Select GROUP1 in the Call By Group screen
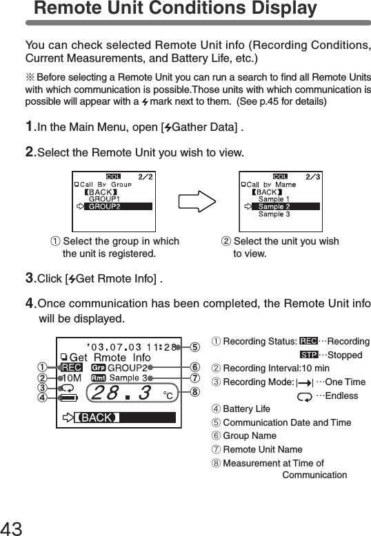(104, 198)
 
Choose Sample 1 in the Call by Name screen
(274, 199)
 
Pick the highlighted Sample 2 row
(274, 207)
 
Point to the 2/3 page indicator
(312, 176)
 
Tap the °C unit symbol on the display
(168, 395)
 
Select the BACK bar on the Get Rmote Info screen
(97, 418)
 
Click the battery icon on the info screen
(68, 398)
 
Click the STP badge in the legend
(308, 355)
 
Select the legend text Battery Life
(246, 409)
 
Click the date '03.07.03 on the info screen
(106, 347)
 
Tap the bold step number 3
(30, 278)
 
